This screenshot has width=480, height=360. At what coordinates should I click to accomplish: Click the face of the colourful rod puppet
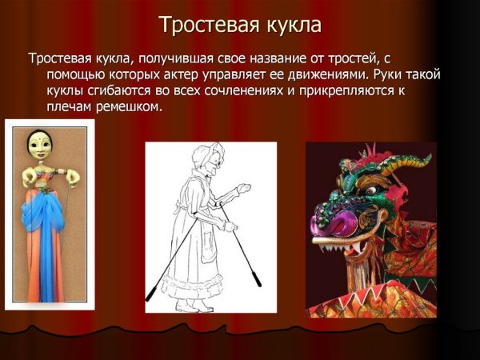pyautogui.click(x=41, y=145)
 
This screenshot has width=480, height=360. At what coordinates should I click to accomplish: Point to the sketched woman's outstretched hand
pyautogui.click(x=245, y=189)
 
